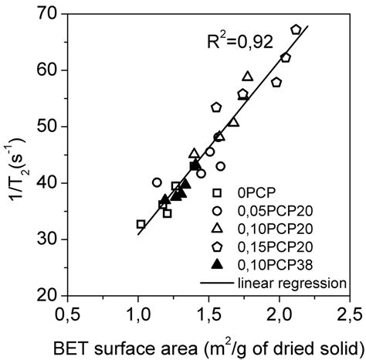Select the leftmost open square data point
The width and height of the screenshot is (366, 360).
[x=141, y=224]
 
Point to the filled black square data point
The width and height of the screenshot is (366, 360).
[x=195, y=165]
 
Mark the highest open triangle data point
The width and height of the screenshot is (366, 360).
[x=247, y=76]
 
